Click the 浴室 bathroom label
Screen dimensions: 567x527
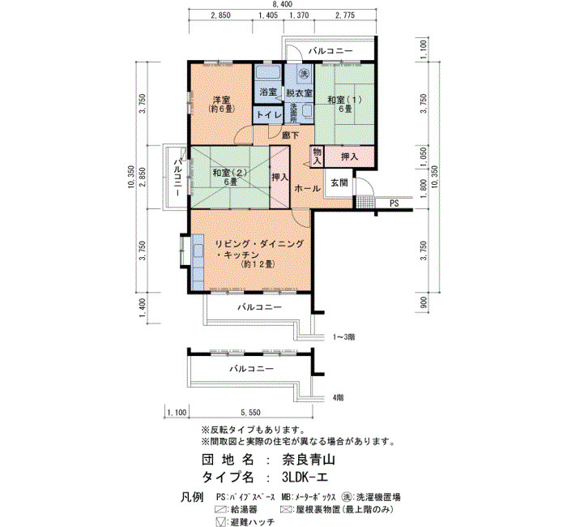pos(268,92)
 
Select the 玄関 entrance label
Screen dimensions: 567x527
pos(339,182)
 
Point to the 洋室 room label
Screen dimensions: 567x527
pos(221,100)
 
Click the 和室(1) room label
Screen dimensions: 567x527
pos(344,99)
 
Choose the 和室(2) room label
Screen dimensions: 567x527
pos(230,173)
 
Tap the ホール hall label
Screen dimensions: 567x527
pos(307,188)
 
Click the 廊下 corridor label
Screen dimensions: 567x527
pos(291,135)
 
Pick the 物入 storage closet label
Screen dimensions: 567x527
pos(318,156)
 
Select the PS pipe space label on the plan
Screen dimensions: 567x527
pos(394,204)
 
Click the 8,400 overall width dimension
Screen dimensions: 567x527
pos(283,4)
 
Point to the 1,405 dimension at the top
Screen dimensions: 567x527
pos(268,15)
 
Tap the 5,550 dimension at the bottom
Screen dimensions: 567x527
pos(250,412)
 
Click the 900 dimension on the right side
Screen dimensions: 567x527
pos(424,302)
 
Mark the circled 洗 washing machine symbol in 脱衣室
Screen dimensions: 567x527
pos(303,75)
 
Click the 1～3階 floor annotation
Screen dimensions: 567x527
pos(344,337)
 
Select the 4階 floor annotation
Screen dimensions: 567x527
pos(338,398)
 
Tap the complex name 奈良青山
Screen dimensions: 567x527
pos(309,460)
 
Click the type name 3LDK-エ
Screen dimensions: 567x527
pos(305,478)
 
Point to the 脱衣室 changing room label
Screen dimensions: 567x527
pos(299,92)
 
